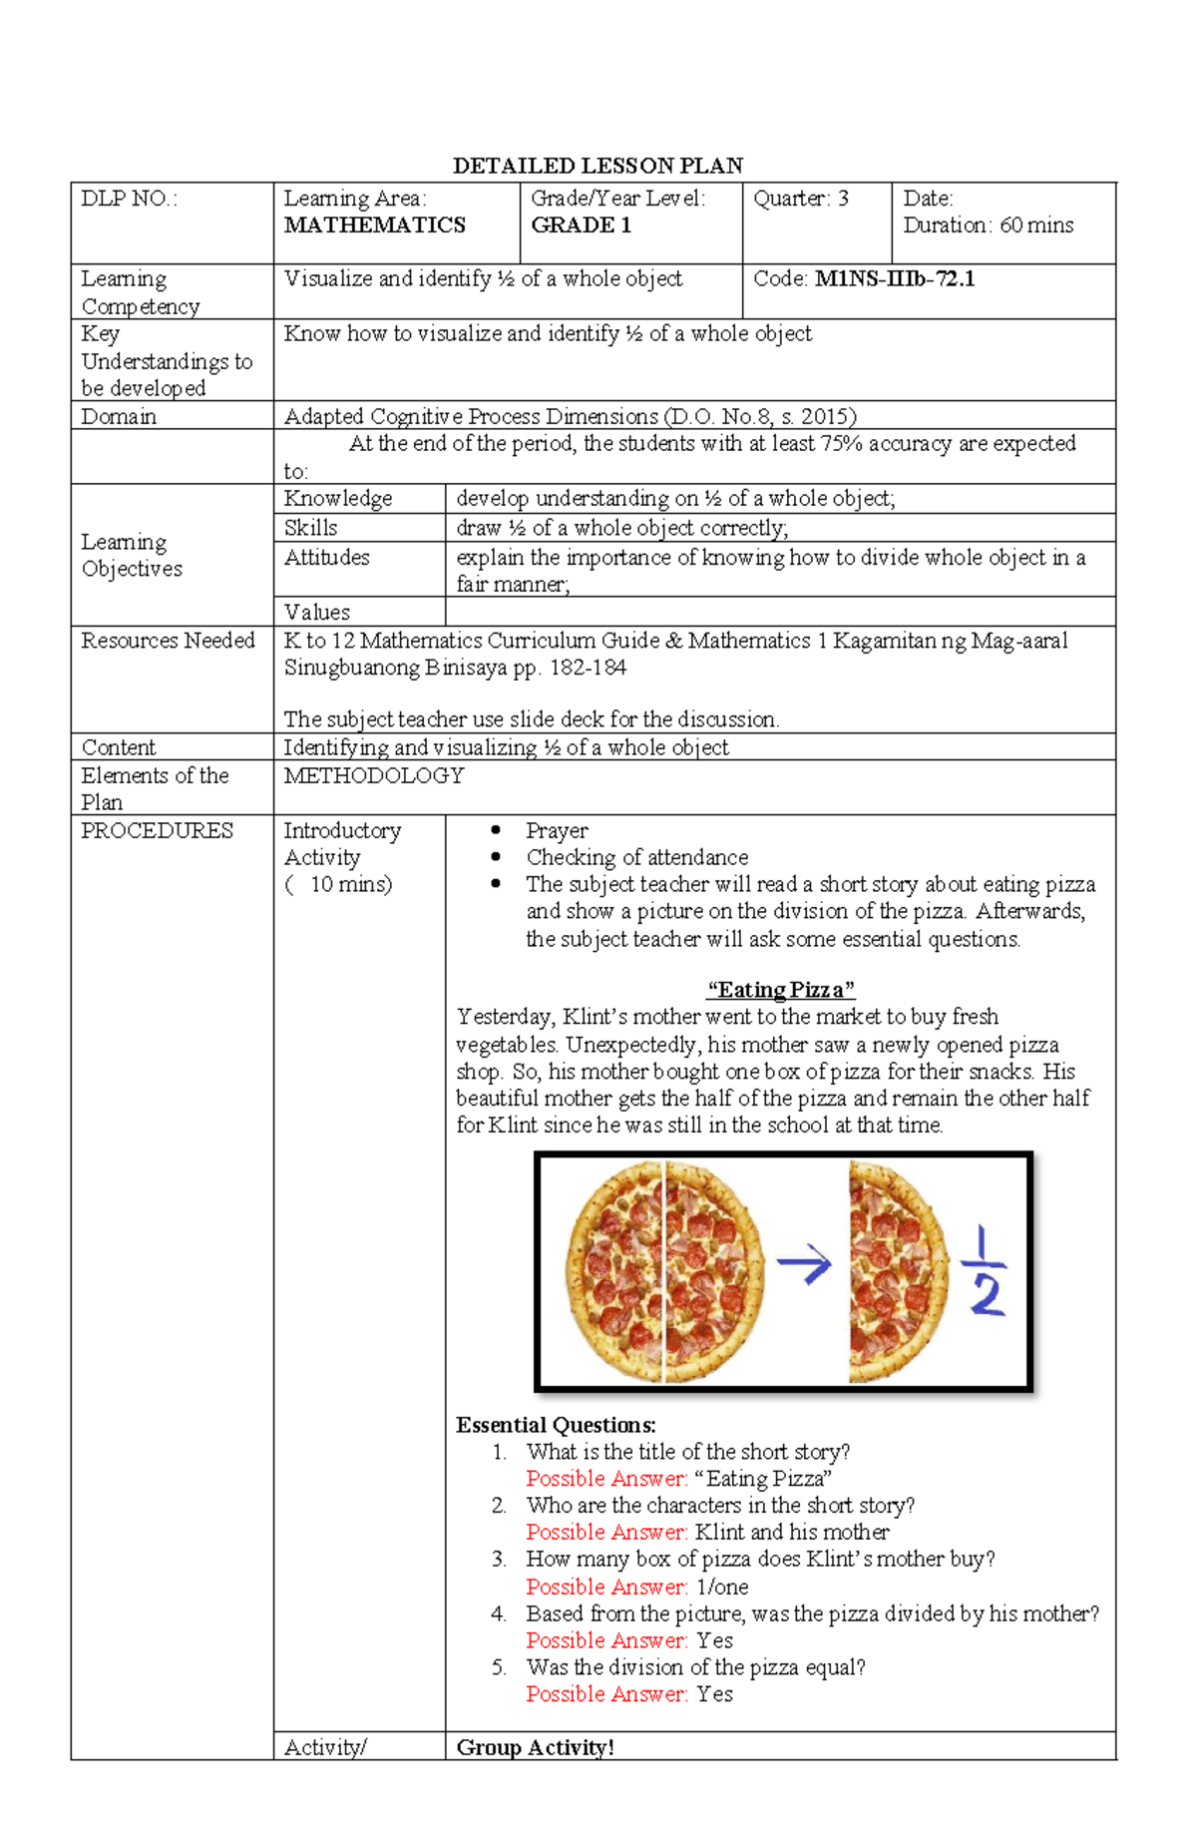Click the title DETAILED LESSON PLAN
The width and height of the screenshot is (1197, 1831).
pyautogui.click(x=598, y=166)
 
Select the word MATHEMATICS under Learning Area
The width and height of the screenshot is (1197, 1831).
pyautogui.click(x=374, y=226)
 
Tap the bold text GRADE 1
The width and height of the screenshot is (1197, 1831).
pyautogui.click(x=581, y=226)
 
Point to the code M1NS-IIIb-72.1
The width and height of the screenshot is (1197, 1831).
pyautogui.click(x=895, y=279)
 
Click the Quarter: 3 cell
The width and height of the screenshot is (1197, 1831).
pyautogui.click(x=801, y=199)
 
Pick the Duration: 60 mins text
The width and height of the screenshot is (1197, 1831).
pyautogui.click(x=988, y=226)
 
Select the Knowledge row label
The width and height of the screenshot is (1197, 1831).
pyautogui.click(x=338, y=499)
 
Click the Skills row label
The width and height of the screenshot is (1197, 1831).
pyautogui.click(x=310, y=528)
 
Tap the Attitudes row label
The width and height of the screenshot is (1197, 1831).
pyautogui.click(x=326, y=557)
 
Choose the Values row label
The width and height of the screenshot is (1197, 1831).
pyautogui.click(x=316, y=612)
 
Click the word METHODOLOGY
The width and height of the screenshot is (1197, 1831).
pyautogui.click(x=374, y=775)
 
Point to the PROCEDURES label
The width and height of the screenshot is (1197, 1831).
pyautogui.click(x=157, y=830)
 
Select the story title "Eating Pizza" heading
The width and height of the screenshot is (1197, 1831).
pyautogui.click(x=780, y=990)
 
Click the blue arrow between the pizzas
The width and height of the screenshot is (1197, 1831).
pyautogui.click(x=804, y=1265)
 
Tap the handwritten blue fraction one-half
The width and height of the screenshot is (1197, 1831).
pyautogui.click(x=985, y=1272)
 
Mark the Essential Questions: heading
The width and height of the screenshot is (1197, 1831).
pyautogui.click(x=556, y=1425)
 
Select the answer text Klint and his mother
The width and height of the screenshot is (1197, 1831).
pyautogui.click(x=791, y=1532)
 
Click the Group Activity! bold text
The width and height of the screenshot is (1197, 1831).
pyautogui.click(x=535, y=1747)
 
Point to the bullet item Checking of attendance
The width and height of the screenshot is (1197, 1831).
pyautogui.click(x=636, y=857)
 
